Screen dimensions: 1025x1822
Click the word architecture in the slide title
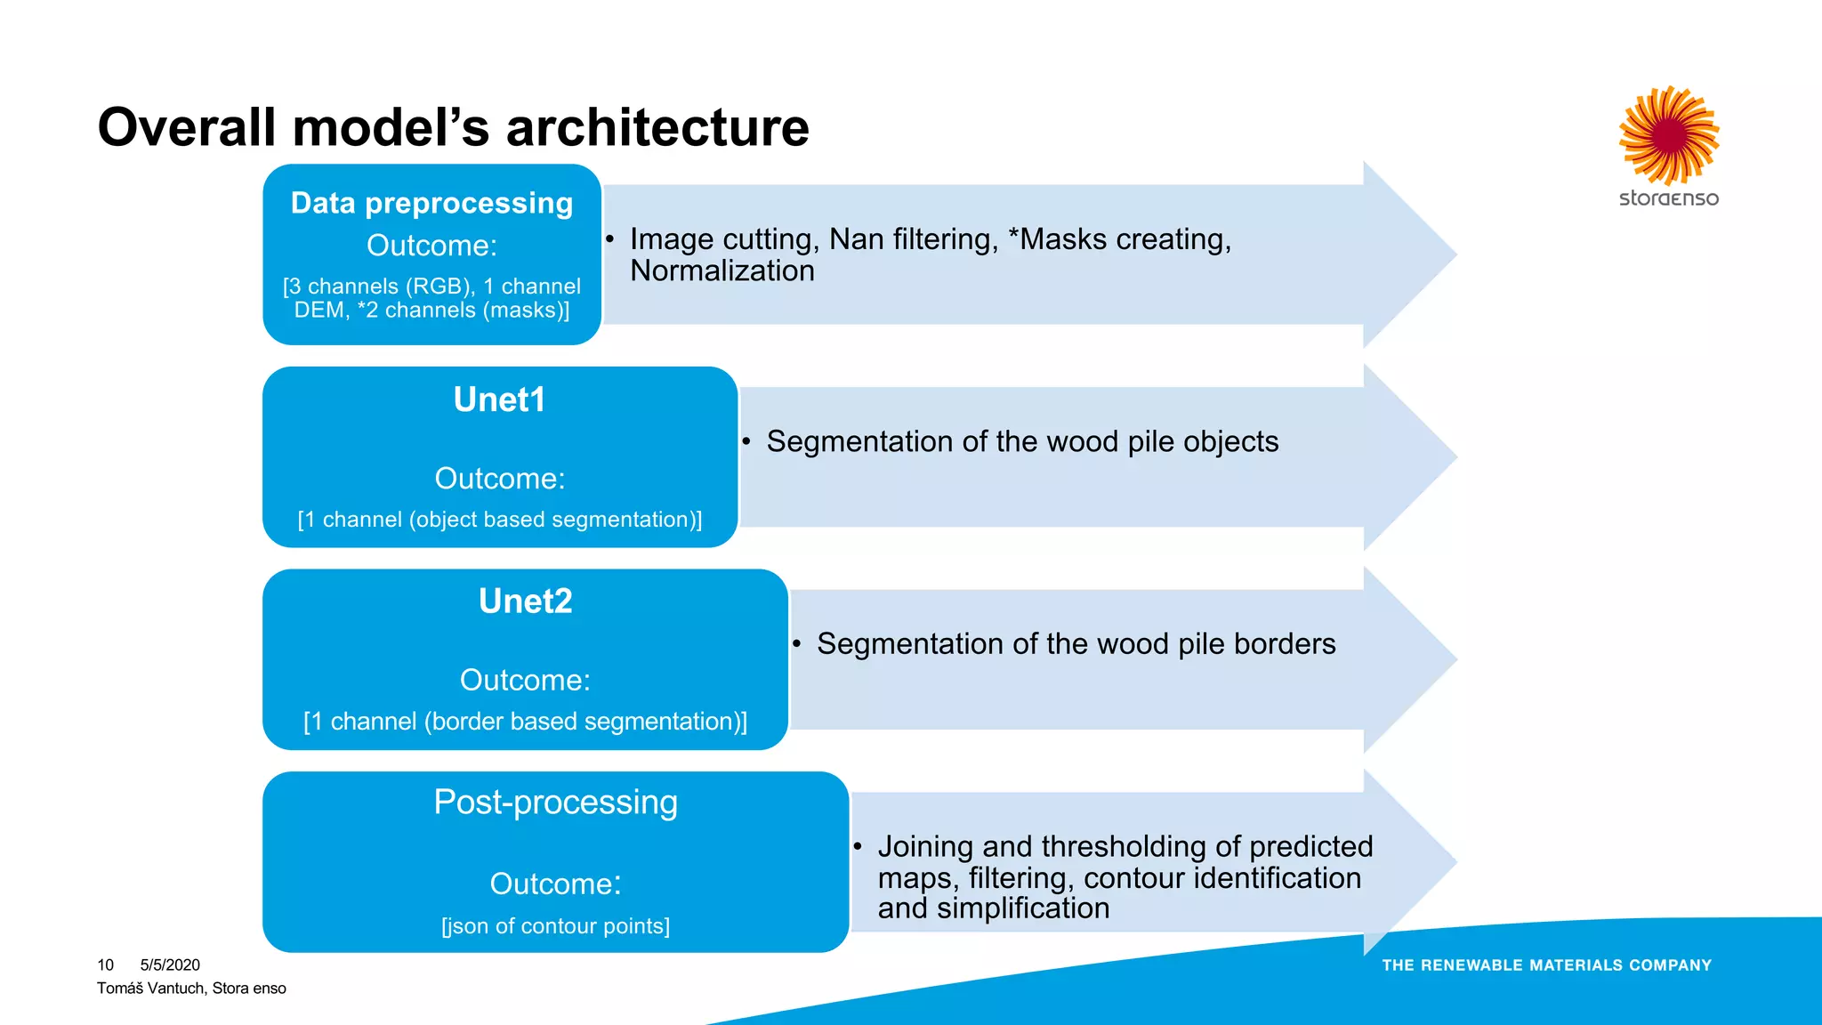coord(657,127)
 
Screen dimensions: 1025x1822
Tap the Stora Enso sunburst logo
coord(1668,135)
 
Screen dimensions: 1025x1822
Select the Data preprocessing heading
coord(431,203)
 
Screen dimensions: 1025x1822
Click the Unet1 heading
coord(499,400)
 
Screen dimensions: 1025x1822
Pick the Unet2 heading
coord(525,601)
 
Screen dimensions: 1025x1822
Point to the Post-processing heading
coord(555,803)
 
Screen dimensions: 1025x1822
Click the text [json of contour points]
coord(555,926)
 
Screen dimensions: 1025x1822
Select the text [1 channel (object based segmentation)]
coord(499,520)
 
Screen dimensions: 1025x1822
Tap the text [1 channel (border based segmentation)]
coord(525,722)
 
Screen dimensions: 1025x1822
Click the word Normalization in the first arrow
coord(722,270)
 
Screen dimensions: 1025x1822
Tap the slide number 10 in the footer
coord(105,965)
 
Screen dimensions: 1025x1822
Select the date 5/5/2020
coord(170,965)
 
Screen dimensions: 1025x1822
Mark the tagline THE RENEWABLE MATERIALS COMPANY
coord(1546,965)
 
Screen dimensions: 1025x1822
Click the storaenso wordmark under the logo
coord(1668,198)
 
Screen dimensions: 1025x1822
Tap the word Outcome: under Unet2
coord(525,681)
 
